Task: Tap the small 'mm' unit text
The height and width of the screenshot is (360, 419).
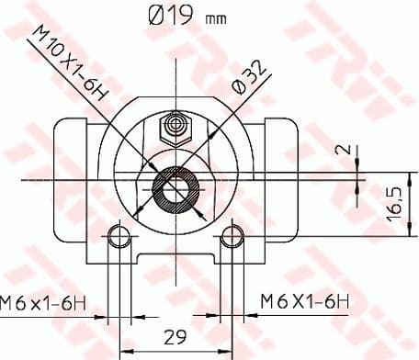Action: (216, 18)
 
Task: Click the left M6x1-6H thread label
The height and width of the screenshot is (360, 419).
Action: (46, 300)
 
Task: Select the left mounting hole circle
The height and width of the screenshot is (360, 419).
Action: (117, 237)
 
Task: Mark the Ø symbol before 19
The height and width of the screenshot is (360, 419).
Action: (156, 16)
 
